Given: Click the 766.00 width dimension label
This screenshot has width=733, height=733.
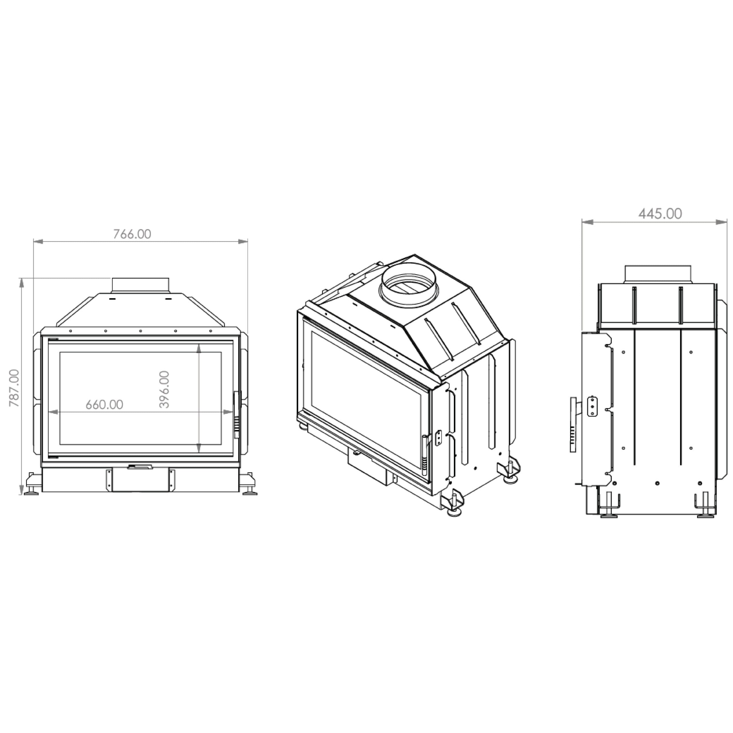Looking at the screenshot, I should [132, 234].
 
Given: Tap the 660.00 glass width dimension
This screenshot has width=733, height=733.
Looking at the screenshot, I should [104, 405].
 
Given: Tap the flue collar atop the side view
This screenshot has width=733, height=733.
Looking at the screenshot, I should [658, 274].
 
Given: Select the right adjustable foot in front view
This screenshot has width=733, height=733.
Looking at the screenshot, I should [250, 486].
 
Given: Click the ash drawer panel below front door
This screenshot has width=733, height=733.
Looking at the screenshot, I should [140, 481].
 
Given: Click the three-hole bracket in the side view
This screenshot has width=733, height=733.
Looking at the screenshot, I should [592, 406].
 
